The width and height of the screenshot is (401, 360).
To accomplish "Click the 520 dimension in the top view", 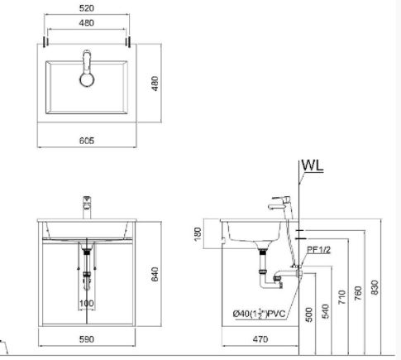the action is click(x=87, y=8).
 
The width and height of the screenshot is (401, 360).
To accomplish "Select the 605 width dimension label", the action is click(x=87, y=141).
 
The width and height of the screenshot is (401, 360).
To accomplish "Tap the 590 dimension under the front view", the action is click(x=87, y=339).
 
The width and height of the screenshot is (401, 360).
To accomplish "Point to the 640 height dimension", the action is click(x=155, y=274).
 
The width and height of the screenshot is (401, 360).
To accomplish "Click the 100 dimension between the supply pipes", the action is click(x=87, y=304).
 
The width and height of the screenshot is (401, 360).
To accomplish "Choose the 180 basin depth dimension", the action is click(x=198, y=234).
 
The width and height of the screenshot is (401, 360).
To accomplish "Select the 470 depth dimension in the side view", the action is click(x=260, y=339).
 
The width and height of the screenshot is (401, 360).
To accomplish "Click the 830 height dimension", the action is click(x=375, y=287).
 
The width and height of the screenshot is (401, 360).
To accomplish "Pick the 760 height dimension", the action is click(x=358, y=294).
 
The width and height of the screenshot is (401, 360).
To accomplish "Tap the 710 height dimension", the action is click(x=341, y=297).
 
